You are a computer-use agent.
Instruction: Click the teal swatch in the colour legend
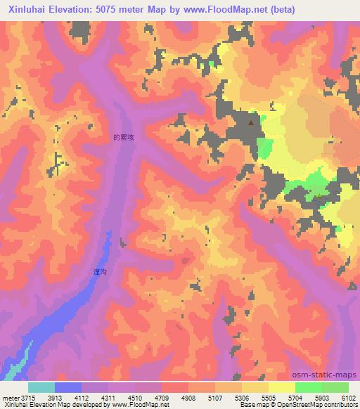point(41,387)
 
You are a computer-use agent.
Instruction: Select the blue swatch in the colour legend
point(67,387)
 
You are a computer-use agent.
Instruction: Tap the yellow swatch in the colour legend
point(282,387)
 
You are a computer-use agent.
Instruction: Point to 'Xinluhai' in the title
point(26,9)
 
